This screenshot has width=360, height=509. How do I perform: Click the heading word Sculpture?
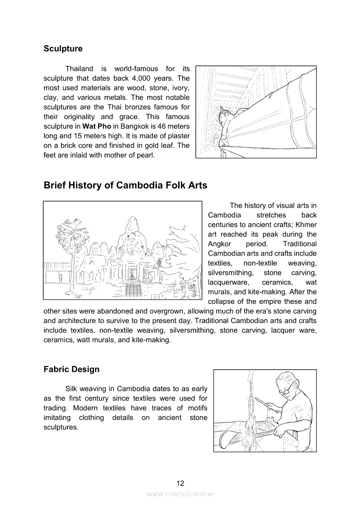tap(63, 49)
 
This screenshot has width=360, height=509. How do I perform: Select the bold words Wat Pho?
tap(97, 126)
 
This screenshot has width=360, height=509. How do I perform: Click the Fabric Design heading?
tap(71, 369)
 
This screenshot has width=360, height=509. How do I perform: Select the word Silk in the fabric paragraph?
tap(72, 389)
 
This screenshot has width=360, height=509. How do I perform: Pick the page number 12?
tap(180, 483)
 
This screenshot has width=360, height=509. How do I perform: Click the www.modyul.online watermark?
tap(180, 494)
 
